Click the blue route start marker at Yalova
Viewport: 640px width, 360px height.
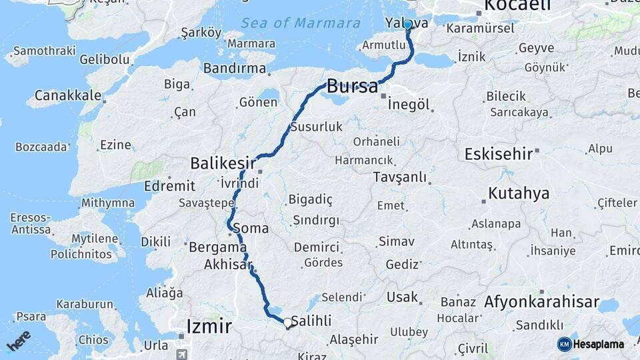[407, 25]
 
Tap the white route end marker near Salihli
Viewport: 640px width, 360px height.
[287, 323]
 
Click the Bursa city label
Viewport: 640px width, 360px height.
[353, 85]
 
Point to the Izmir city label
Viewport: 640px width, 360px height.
[209, 326]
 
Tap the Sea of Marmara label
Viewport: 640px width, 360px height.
[301, 23]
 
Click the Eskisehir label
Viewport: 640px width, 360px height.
[498, 153]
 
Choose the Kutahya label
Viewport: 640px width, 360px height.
[519, 193]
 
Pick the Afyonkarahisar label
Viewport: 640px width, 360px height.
[541, 301]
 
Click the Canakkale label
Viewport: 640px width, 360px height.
[67, 96]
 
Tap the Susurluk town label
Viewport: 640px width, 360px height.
[316, 126]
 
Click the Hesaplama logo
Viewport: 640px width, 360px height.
[591, 344]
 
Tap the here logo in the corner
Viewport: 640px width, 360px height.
[19, 339]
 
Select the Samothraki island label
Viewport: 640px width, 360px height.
[43, 51]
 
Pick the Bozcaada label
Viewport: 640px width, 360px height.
[41, 147]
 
